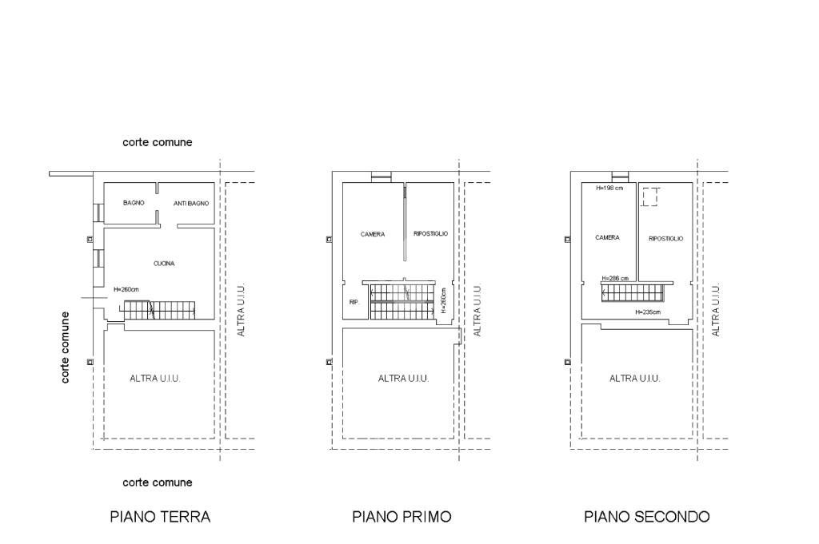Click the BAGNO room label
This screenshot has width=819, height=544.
point(134,203)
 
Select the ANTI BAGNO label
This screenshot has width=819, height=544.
point(191,204)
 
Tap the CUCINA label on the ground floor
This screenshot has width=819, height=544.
point(164,264)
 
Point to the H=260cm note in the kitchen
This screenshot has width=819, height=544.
point(126,289)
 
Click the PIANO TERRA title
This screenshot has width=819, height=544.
point(160,517)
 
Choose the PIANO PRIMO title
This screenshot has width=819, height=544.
point(402,517)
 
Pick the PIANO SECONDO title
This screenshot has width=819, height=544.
point(646,517)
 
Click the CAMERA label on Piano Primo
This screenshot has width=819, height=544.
point(373,234)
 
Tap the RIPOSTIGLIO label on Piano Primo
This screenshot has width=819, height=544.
point(431,234)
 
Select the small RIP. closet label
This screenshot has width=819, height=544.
point(354,302)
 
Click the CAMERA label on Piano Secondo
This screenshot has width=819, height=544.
point(608,237)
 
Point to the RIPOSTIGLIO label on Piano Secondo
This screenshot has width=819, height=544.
point(666,239)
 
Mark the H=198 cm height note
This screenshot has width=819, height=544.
point(609,189)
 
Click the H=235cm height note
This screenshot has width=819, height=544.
point(648,312)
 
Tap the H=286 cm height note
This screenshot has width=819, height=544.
point(615,279)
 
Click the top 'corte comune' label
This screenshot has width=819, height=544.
point(158,142)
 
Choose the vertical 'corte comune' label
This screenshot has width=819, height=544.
point(65,347)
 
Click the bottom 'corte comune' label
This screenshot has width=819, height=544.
point(158,483)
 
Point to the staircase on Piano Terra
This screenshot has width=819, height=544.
point(158,310)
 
